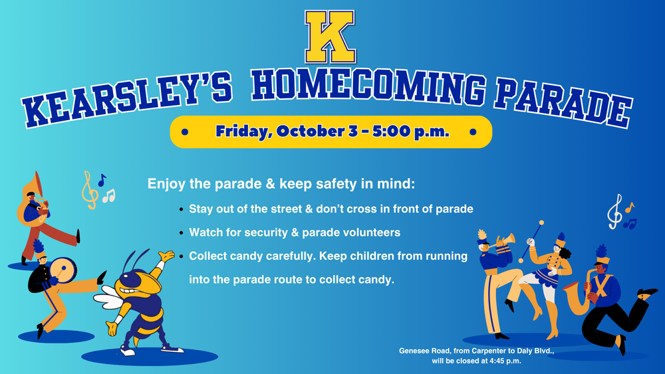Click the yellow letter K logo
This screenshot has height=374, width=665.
click(330, 37)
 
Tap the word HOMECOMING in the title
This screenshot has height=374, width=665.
click(368, 87)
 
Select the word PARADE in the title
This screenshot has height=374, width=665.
click(563, 102)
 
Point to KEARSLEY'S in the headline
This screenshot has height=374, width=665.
click(127, 99)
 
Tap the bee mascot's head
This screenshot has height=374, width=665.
click(140, 282)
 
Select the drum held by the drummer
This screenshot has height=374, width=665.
click(63, 270)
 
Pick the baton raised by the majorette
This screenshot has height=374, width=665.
click(531, 241)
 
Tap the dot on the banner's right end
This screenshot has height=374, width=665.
click(473, 132)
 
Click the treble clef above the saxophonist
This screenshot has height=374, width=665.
click(614, 212)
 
